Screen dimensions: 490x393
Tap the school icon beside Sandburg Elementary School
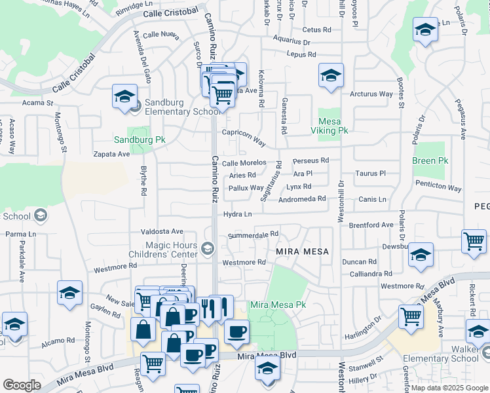coord(124,97)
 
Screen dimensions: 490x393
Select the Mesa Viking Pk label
coord(332,126)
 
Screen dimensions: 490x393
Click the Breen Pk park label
coord(430,160)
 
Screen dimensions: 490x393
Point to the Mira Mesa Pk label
coord(278,305)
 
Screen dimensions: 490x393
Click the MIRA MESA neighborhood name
coord(301,252)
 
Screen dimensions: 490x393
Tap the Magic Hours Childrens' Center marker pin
coord(208,248)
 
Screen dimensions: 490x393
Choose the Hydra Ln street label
coord(238,214)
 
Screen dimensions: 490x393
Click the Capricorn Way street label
coord(243,137)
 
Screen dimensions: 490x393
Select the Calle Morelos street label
coord(244,162)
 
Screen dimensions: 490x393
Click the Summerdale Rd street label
coord(254,234)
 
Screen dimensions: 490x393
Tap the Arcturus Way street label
coord(371,94)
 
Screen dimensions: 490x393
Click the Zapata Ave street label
coord(111,154)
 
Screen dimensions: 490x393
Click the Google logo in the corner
coord(22,385)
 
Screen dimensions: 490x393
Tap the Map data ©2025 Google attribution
coord(449,388)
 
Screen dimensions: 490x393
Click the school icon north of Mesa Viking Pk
coord(331,75)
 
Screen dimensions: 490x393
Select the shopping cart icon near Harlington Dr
coord(411,316)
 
